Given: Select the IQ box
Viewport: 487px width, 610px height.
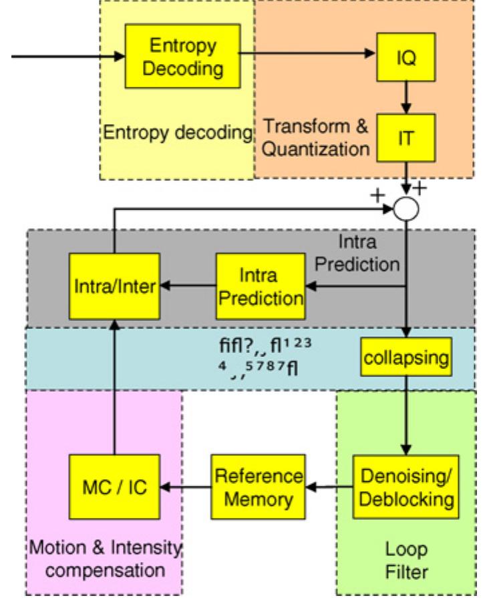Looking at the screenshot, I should pyautogui.click(x=410, y=59).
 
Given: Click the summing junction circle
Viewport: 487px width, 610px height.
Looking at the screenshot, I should pyautogui.click(x=407, y=208).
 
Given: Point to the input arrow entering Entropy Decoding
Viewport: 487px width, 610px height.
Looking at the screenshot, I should pyautogui.click(x=67, y=57).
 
